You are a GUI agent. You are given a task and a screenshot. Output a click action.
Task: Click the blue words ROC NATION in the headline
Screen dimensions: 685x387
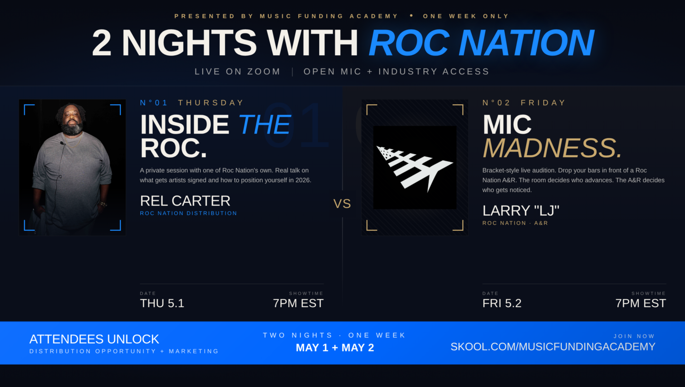(481, 42)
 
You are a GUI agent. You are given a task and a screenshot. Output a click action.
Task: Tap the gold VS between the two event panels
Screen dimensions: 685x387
(342, 204)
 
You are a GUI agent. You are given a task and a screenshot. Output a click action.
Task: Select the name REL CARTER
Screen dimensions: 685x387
(185, 201)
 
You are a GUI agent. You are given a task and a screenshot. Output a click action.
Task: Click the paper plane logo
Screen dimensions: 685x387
(414, 168)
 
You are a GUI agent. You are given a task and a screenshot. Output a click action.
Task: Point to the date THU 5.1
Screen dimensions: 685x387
(162, 303)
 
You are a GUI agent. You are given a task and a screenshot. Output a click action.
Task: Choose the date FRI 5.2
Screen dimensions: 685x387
(502, 303)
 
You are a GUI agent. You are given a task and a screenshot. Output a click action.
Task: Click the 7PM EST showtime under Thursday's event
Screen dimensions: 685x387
(298, 303)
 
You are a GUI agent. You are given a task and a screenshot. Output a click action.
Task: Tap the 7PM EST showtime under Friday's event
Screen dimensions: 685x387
(641, 303)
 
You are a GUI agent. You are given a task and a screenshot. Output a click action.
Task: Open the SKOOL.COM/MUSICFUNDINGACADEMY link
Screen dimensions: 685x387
(553, 347)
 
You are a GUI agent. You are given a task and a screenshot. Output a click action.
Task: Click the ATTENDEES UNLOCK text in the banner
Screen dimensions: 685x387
(94, 339)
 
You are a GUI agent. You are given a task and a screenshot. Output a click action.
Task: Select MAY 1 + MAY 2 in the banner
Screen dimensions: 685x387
(335, 347)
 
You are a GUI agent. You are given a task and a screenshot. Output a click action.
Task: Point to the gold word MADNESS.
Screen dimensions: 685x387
(552, 149)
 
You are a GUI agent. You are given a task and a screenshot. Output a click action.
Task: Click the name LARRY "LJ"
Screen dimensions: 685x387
(521, 210)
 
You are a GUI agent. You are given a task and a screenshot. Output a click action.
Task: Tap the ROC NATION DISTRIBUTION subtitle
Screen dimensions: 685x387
(188, 213)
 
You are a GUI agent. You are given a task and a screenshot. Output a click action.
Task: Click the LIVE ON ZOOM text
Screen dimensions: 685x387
(238, 71)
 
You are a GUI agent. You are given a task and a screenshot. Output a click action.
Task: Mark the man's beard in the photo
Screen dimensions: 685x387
(72, 128)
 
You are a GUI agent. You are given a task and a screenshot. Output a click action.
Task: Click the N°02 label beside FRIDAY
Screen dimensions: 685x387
(496, 103)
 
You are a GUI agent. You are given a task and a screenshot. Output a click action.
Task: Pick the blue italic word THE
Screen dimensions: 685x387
(264, 125)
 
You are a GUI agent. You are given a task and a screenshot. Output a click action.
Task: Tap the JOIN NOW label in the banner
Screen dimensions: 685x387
(634, 336)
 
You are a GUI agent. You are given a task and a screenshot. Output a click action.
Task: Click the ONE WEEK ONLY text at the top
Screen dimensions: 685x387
(466, 16)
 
